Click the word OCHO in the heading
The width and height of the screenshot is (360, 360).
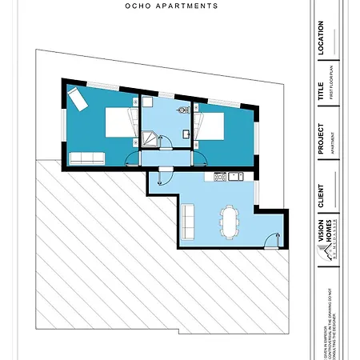coord(140,6)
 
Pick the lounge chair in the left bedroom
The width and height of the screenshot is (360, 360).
coord(81,102)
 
